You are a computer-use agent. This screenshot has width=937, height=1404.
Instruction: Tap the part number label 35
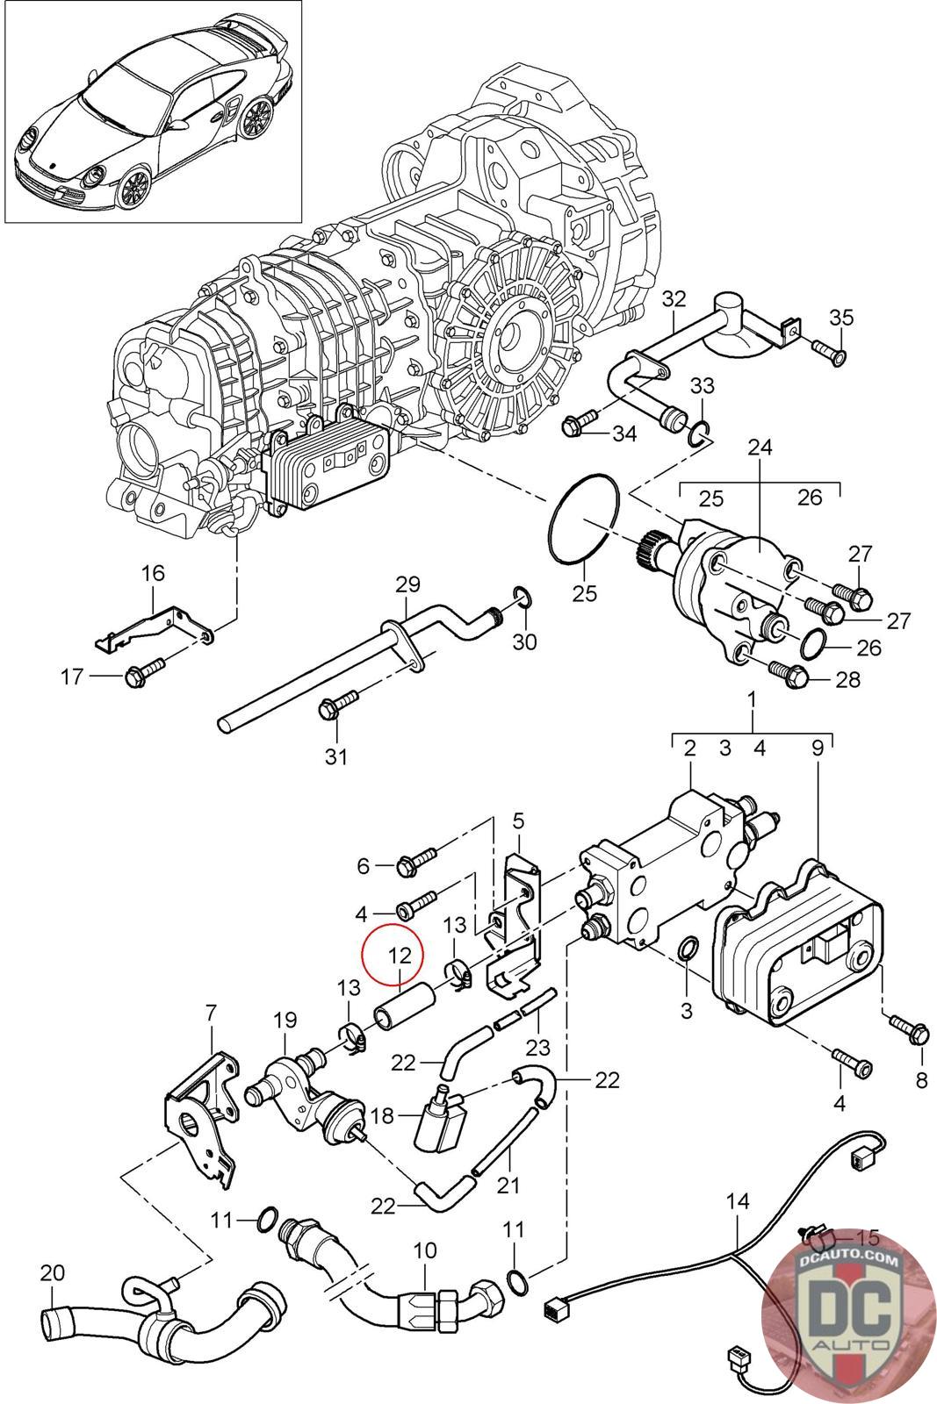tap(840, 318)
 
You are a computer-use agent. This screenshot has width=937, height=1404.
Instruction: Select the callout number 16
tap(153, 574)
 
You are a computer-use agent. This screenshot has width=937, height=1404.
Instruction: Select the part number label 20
tap(53, 1272)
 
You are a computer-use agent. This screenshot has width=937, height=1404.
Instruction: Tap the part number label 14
tap(738, 1201)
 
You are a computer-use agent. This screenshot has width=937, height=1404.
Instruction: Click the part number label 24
tap(760, 448)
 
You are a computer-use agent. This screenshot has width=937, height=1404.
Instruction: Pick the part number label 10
tap(424, 1249)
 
